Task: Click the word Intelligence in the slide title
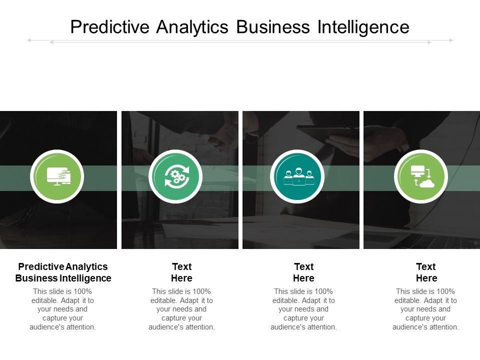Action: click(x=363, y=26)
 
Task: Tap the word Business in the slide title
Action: click(x=273, y=26)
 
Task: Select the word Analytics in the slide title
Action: click(x=193, y=26)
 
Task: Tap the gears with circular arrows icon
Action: click(x=175, y=176)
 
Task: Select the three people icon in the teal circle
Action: click(x=298, y=176)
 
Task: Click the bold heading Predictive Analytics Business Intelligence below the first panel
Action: click(x=63, y=272)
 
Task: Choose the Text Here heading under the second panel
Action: click(x=181, y=272)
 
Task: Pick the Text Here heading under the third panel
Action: click(x=303, y=272)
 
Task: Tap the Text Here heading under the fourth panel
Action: click(x=426, y=272)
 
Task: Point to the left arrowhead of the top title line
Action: click(x=29, y=40)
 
